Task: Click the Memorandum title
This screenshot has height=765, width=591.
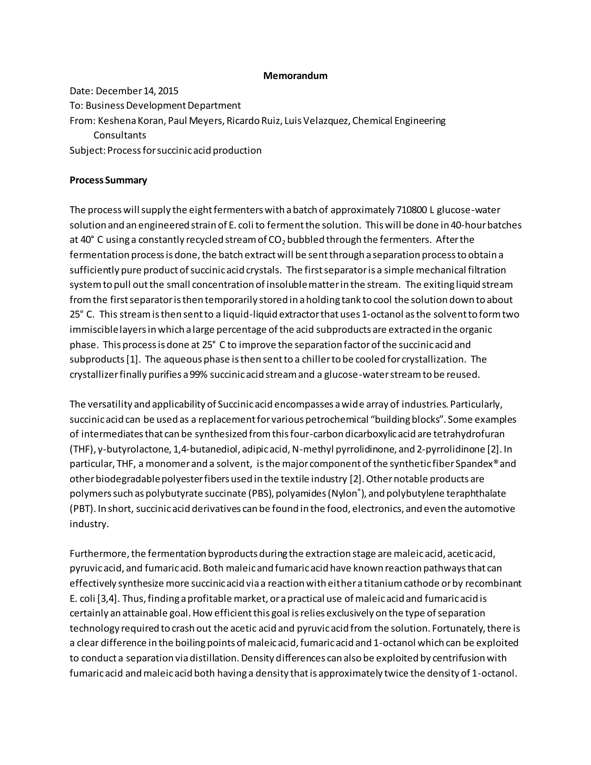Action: point(295,76)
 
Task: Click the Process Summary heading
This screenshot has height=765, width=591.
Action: point(108,180)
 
